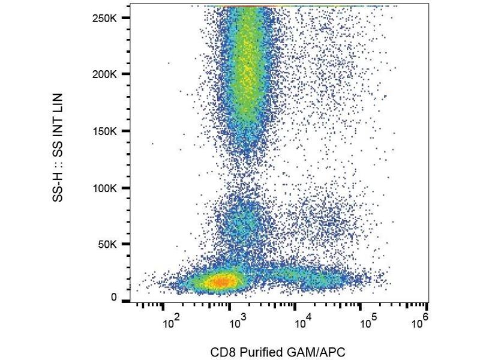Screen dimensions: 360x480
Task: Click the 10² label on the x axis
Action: tap(172, 325)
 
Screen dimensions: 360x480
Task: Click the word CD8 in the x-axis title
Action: tap(223, 350)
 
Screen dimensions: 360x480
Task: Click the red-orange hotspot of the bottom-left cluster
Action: tap(221, 281)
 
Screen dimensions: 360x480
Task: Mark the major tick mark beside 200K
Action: tap(125, 74)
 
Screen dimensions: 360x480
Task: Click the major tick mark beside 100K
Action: tap(125, 188)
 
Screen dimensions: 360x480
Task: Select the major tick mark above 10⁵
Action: tap(360, 307)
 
